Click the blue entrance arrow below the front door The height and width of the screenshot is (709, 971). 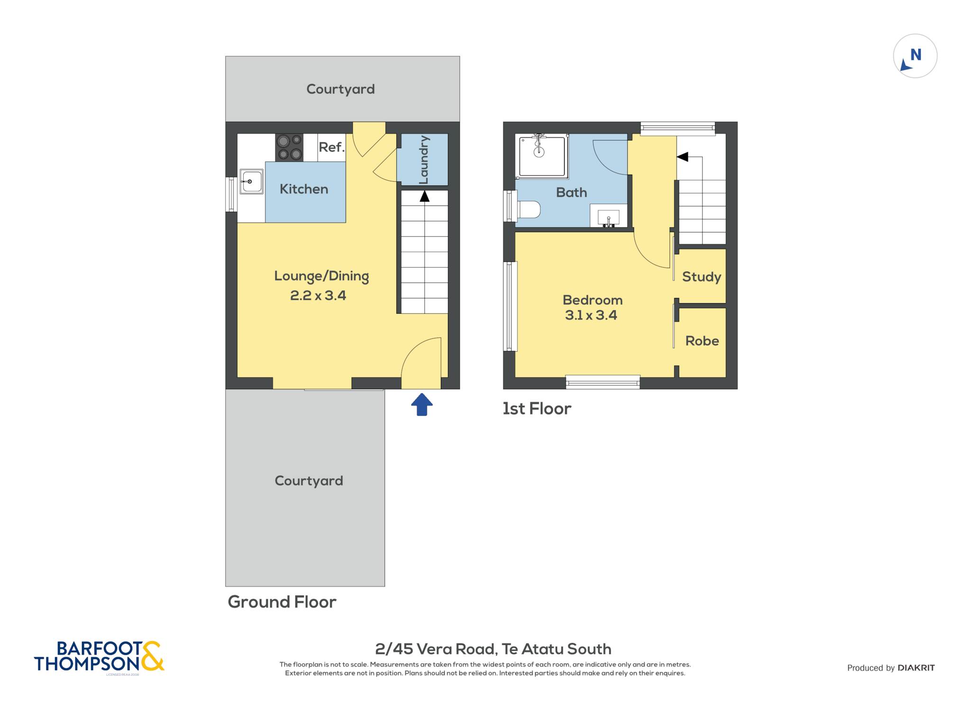[421, 404]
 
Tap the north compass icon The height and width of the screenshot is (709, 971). [915, 56]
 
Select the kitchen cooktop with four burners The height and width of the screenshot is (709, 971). [289, 147]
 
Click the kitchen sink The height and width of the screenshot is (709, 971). [251, 181]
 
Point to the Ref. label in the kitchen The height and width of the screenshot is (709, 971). [331, 147]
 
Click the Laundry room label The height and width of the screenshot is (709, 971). [423, 160]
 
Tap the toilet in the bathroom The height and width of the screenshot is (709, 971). [529, 209]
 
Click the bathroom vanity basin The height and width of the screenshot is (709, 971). [608, 217]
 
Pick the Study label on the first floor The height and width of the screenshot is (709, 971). [701, 277]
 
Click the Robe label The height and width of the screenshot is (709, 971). [702, 341]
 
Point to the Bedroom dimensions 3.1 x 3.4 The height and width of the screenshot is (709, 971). [591, 315]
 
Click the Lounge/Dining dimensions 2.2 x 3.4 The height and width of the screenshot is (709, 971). [318, 296]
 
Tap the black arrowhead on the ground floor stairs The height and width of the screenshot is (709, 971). [424, 196]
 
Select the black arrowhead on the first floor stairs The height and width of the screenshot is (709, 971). [682, 157]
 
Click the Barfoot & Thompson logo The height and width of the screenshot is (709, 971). [99, 657]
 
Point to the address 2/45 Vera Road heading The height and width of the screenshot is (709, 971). [493, 649]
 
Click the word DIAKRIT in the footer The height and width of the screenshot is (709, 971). [916, 668]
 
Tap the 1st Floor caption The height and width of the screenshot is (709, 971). [537, 409]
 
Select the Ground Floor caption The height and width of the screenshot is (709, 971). [282, 602]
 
